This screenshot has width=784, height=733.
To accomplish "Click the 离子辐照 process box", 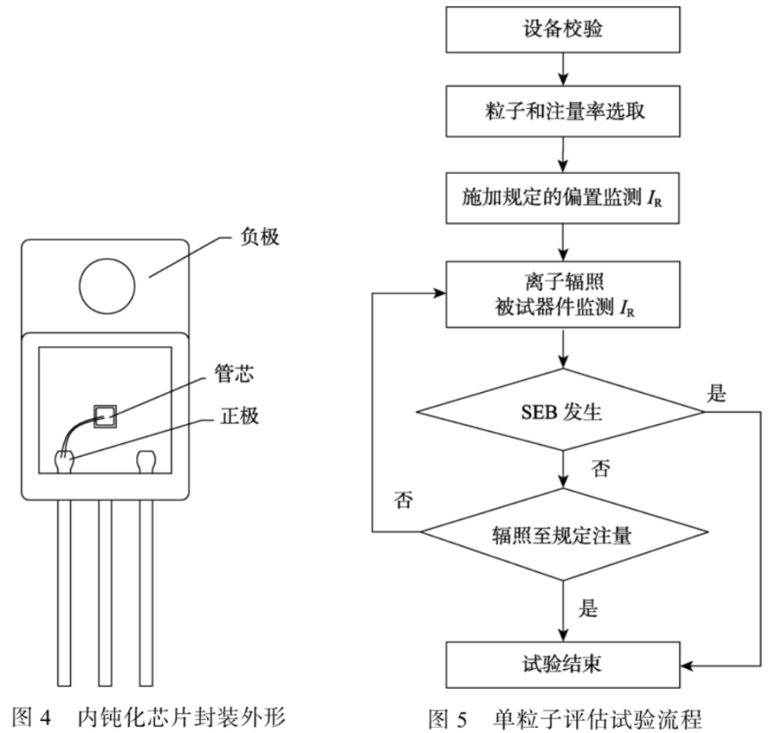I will click(x=562, y=294).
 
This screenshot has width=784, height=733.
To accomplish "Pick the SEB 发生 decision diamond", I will click(x=562, y=413).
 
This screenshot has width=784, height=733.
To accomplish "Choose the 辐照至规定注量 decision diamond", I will click(x=562, y=535).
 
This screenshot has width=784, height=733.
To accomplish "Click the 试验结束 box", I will click(x=562, y=662).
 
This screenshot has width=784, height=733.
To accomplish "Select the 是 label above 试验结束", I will click(x=588, y=608).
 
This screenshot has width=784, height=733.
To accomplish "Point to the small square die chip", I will click(x=105, y=415).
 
